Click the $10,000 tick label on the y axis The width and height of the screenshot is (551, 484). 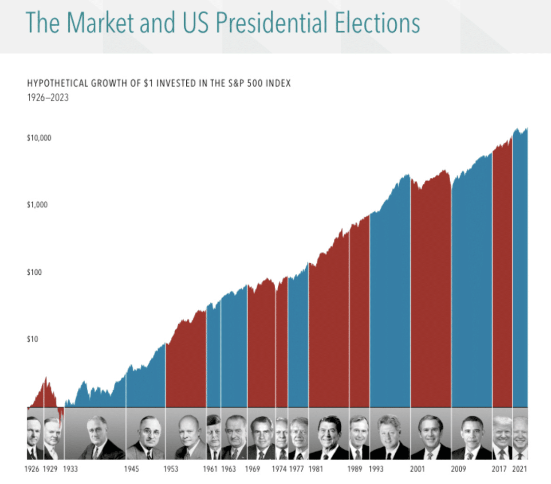click(x=39, y=138)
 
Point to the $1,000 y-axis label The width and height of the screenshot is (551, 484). click(x=37, y=205)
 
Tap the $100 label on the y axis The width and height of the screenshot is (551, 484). click(x=34, y=272)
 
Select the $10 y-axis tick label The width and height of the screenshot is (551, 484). click(x=32, y=339)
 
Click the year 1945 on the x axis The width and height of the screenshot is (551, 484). click(x=131, y=469)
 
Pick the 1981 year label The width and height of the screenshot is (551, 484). click(x=316, y=469)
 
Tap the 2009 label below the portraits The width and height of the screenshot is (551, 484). click(x=458, y=469)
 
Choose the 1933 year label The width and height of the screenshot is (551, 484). click(x=71, y=469)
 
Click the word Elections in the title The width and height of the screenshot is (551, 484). click(x=377, y=23)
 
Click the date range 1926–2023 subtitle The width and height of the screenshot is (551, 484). click(x=48, y=98)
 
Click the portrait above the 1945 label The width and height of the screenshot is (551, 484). click(x=146, y=437)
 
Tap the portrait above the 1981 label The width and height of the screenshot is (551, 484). click(x=329, y=437)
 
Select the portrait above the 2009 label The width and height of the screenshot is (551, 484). click(x=472, y=437)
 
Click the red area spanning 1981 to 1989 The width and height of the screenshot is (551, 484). click(x=329, y=332)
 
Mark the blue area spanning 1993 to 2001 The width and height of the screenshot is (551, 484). click(x=390, y=310)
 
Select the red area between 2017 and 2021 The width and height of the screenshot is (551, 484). click(x=502, y=288)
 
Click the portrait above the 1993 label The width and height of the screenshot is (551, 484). click(x=390, y=437)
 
